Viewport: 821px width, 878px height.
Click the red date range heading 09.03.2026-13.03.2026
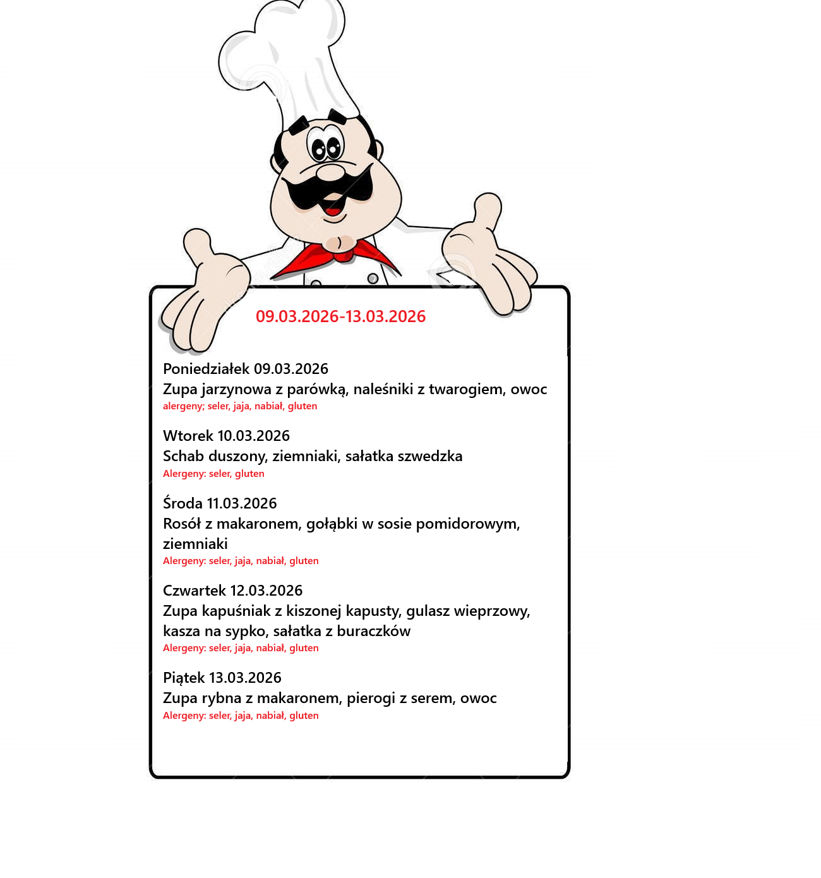(x=340, y=316)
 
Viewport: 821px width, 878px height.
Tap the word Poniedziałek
(x=206, y=369)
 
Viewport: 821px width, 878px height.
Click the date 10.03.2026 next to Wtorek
(x=253, y=436)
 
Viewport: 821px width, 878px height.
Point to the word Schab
(x=182, y=456)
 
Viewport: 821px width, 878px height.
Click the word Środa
(x=183, y=503)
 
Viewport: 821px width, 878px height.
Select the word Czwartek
(x=194, y=591)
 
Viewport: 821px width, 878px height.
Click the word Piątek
(x=184, y=678)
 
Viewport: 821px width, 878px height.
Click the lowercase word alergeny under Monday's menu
(x=183, y=406)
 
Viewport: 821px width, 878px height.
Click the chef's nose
(x=329, y=172)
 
